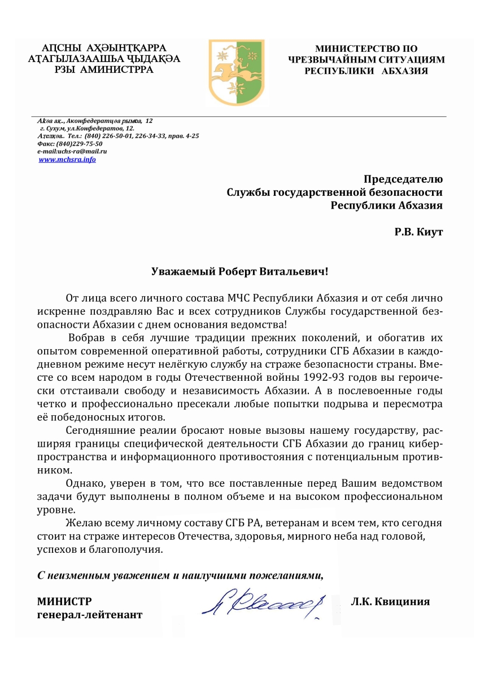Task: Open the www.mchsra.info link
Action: click(67, 160)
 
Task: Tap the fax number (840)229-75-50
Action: click(80, 144)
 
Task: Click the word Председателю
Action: click(403, 179)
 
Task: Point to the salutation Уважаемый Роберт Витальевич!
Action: click(239, 271)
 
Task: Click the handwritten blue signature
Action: click(265, 605)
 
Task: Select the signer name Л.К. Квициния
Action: click(390, 601)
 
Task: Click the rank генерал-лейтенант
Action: click(90, 614)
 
